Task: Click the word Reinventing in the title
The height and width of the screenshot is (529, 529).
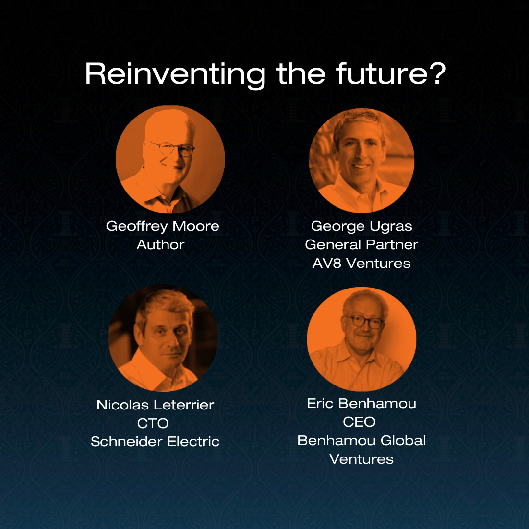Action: point(175,75)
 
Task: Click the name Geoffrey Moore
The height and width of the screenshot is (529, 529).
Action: point(163,226)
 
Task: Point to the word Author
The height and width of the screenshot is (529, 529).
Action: point(161,244)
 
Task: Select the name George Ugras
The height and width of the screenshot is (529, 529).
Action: point(361,226)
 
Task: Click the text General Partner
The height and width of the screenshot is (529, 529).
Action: point(361,244)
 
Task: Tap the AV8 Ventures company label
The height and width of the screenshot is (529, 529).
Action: point(361,263)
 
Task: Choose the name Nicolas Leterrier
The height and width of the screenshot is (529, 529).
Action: point(155,405)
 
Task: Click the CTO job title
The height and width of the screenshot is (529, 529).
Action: point(153,423)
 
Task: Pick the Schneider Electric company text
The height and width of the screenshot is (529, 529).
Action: point(155,442)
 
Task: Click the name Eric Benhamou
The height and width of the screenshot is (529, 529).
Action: point(361,404)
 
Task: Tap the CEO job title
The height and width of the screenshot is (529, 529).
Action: point(359,422)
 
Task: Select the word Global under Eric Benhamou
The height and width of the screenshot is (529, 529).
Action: point(403,441)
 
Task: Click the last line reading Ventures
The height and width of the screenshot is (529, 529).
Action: point(361,459)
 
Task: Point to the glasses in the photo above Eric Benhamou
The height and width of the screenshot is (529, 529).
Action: point(364,322)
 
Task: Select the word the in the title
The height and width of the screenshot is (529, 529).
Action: point(301,73)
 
